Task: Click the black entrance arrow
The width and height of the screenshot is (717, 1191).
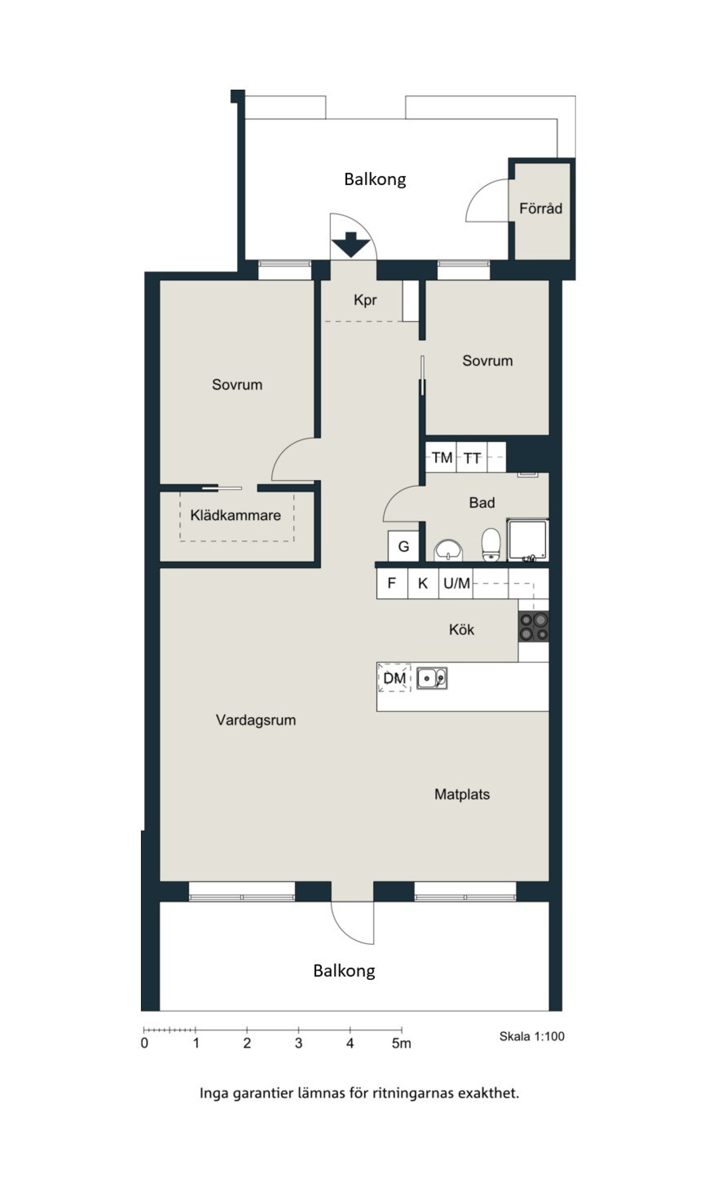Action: coord(351,245)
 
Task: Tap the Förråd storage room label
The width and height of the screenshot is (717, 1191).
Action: coord(541,209)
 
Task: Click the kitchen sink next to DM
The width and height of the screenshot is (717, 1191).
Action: coord(432,678)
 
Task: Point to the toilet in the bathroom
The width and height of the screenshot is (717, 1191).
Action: coord(491,545)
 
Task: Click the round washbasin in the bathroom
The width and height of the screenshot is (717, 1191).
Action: coord(449,551)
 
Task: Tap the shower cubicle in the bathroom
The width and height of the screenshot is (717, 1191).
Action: coord(527,540)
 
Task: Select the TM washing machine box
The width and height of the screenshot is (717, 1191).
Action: coord(441,457)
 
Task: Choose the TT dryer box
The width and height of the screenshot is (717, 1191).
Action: coord(472,457)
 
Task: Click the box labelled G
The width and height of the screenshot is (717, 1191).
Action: coord(403,546)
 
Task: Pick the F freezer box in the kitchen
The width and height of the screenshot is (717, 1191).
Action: coord(392,583)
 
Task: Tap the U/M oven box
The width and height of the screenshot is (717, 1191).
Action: coord(456,583)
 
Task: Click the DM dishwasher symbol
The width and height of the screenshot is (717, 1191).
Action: coord(394,678)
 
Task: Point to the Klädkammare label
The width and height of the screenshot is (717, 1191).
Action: coord(235,515)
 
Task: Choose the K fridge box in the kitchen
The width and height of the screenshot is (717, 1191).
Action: coord(423,583)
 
